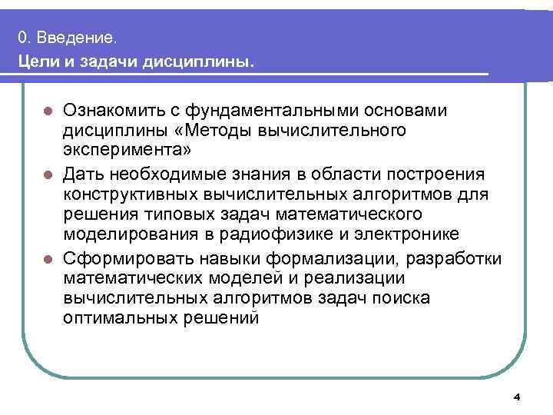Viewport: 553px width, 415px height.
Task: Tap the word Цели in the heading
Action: [38, 60]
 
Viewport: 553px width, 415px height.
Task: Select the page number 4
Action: [516, 397]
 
